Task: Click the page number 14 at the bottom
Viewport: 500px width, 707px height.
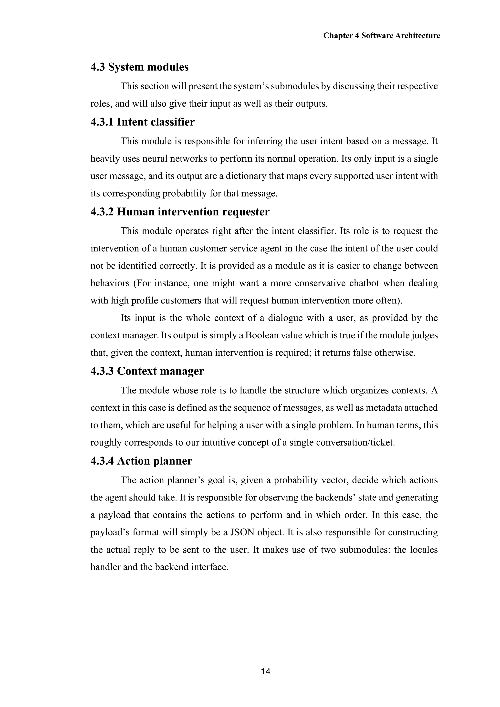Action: [265, 672]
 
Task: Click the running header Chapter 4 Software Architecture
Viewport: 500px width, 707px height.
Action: [381, 36]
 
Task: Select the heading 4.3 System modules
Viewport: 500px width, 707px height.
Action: [139, 67]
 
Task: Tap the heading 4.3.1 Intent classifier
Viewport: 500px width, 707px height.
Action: [143, 122]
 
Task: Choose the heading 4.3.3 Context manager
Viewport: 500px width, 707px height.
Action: [147, 371]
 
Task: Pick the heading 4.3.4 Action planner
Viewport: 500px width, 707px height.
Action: [141, 461]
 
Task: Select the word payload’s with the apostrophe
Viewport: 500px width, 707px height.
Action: [109, 532]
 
